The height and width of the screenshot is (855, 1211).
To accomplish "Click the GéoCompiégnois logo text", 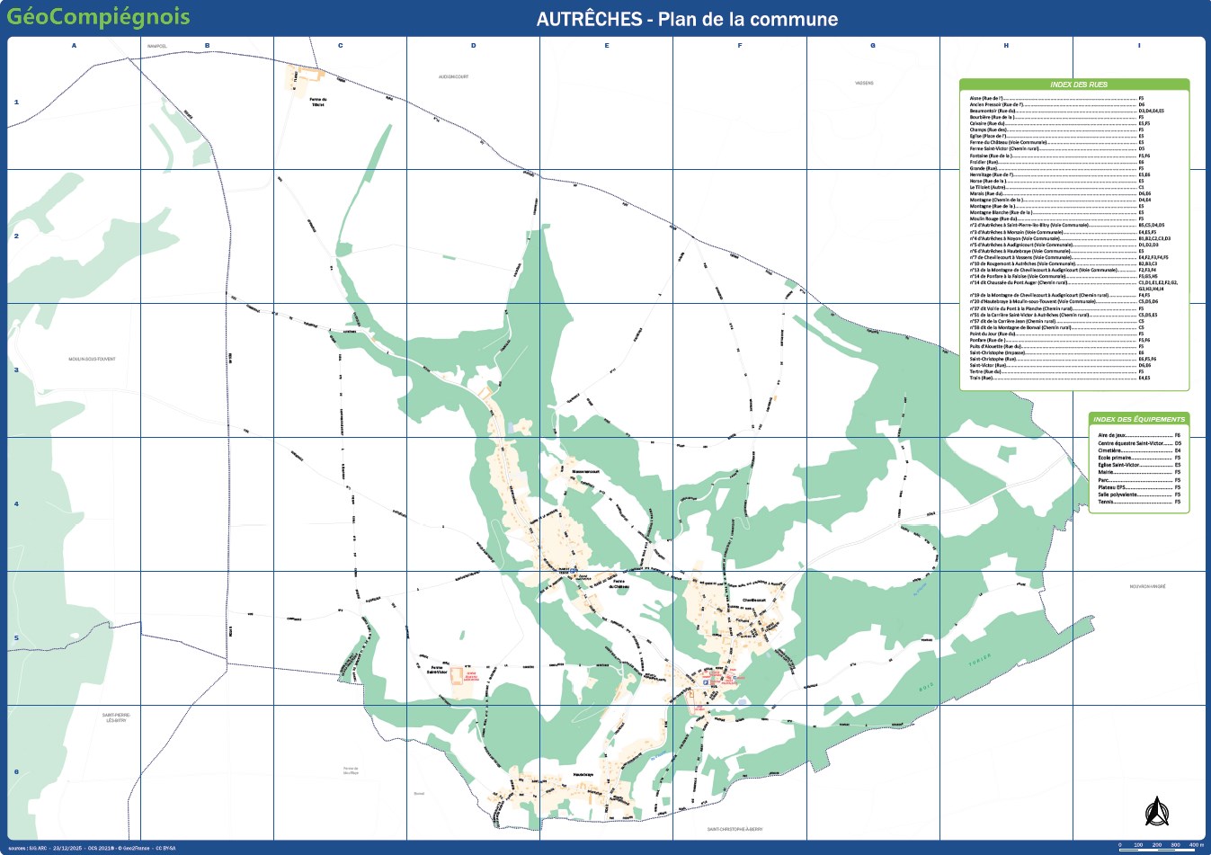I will click(98, 16).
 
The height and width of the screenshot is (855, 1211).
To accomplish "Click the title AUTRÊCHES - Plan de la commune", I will click(687, 19).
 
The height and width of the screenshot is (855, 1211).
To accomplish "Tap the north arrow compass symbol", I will click(1155, 811).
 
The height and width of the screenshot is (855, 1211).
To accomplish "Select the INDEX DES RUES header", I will click(1078, 85).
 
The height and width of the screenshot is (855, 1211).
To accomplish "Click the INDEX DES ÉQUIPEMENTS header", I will click(1139, 419).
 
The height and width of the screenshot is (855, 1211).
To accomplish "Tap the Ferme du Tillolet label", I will click(317, 102).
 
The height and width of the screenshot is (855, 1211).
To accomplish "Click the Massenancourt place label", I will click(585, 472).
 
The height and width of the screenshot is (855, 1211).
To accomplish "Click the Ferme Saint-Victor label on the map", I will click(438, 669).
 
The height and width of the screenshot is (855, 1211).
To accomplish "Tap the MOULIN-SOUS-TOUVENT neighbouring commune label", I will click(92, 359).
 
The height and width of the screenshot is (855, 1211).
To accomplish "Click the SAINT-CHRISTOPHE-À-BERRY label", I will click(735, 829).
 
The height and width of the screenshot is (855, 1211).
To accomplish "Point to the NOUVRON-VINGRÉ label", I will click(1147, 586).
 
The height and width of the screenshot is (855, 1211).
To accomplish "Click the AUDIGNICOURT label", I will click(453, 76).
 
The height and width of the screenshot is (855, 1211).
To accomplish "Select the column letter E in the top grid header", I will click(607, 46).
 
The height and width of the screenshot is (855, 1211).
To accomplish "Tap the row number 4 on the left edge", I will click(16, 504).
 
